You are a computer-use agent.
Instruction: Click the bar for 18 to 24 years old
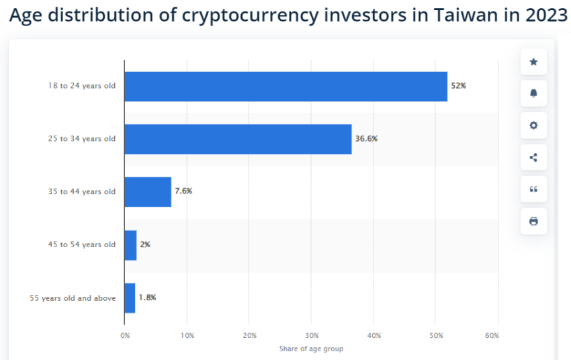point(285,87)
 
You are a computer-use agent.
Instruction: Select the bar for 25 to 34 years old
point(238,139)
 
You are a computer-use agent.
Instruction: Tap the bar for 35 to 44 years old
point(148,191)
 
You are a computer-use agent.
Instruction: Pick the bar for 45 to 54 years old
point(130,244)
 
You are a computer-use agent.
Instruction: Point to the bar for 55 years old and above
point(130,298)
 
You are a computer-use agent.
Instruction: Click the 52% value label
point(459,87)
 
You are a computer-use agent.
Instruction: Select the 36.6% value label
point(366,139)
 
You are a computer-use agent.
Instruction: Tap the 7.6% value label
point(183,191)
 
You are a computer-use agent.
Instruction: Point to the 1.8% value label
point(147,298)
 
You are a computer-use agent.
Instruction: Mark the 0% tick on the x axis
point(125,334)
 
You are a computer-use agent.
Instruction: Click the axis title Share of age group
point(311,349)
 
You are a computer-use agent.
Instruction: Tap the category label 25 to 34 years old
point(81,139)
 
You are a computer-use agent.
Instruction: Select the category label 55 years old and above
point(73,298)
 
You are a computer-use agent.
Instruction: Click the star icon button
point(533,62)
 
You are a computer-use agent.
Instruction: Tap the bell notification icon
point(533,93)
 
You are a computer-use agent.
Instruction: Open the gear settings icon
point(533,126)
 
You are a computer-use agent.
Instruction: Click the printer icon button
point(533,221)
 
